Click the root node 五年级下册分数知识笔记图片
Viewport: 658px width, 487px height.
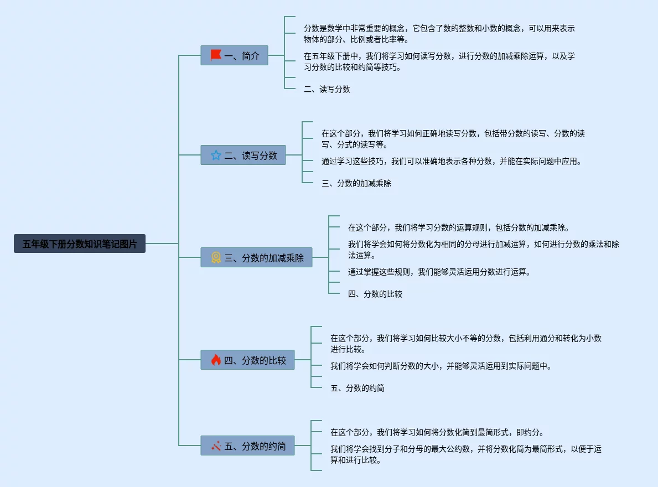(79, 244)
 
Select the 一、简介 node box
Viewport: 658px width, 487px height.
(234, 56)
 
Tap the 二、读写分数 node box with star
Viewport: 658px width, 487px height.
(243, 156)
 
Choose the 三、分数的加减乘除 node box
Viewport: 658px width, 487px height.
(256, 258)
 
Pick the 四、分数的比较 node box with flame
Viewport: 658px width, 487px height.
(247, 360)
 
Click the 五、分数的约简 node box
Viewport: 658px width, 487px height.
(247, 445)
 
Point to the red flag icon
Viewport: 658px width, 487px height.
(216, 55)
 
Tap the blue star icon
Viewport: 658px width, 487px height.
(216, 156)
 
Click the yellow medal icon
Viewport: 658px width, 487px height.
(216, 257)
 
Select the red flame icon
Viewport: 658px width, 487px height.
(216, 360)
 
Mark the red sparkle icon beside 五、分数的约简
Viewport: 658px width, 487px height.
(216, 445)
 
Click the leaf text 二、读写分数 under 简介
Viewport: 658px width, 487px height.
(327, 89)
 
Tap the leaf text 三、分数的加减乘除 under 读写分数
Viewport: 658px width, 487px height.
(356, 183)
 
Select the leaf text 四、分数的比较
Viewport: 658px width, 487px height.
(375, 294)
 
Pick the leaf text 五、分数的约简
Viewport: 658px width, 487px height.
(358, 388)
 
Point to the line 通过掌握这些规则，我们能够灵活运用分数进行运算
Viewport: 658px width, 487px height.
(439, 272)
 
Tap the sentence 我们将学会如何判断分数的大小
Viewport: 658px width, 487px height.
(441, 366)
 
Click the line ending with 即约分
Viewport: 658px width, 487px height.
(437, 432)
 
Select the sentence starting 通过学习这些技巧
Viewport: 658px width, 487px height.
(452, 161)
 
